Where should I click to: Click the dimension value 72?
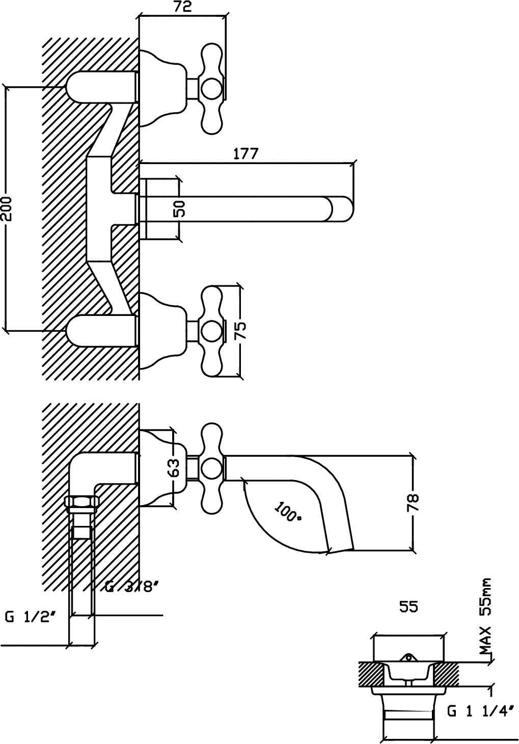coord(183,7)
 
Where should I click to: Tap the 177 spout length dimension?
coord(245,154)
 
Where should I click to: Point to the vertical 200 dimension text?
coord(6,209)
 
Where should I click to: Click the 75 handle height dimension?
coord(240,330)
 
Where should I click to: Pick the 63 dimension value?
coord(174,468)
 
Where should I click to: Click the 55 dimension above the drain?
coord(408,607)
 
